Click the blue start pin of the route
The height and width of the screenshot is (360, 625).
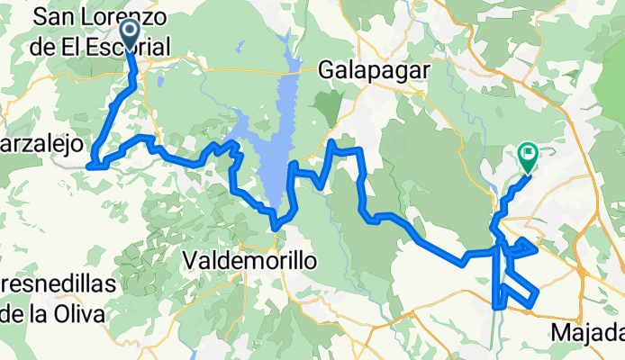click(130, 34)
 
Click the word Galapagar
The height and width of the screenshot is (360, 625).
click(376, 70)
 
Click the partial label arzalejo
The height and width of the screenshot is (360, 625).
click(42, 144)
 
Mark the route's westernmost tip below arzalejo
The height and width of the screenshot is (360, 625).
click(90, 165)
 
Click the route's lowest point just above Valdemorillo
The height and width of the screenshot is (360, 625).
click(276, 227)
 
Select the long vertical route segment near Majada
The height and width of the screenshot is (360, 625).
click(497, 270)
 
